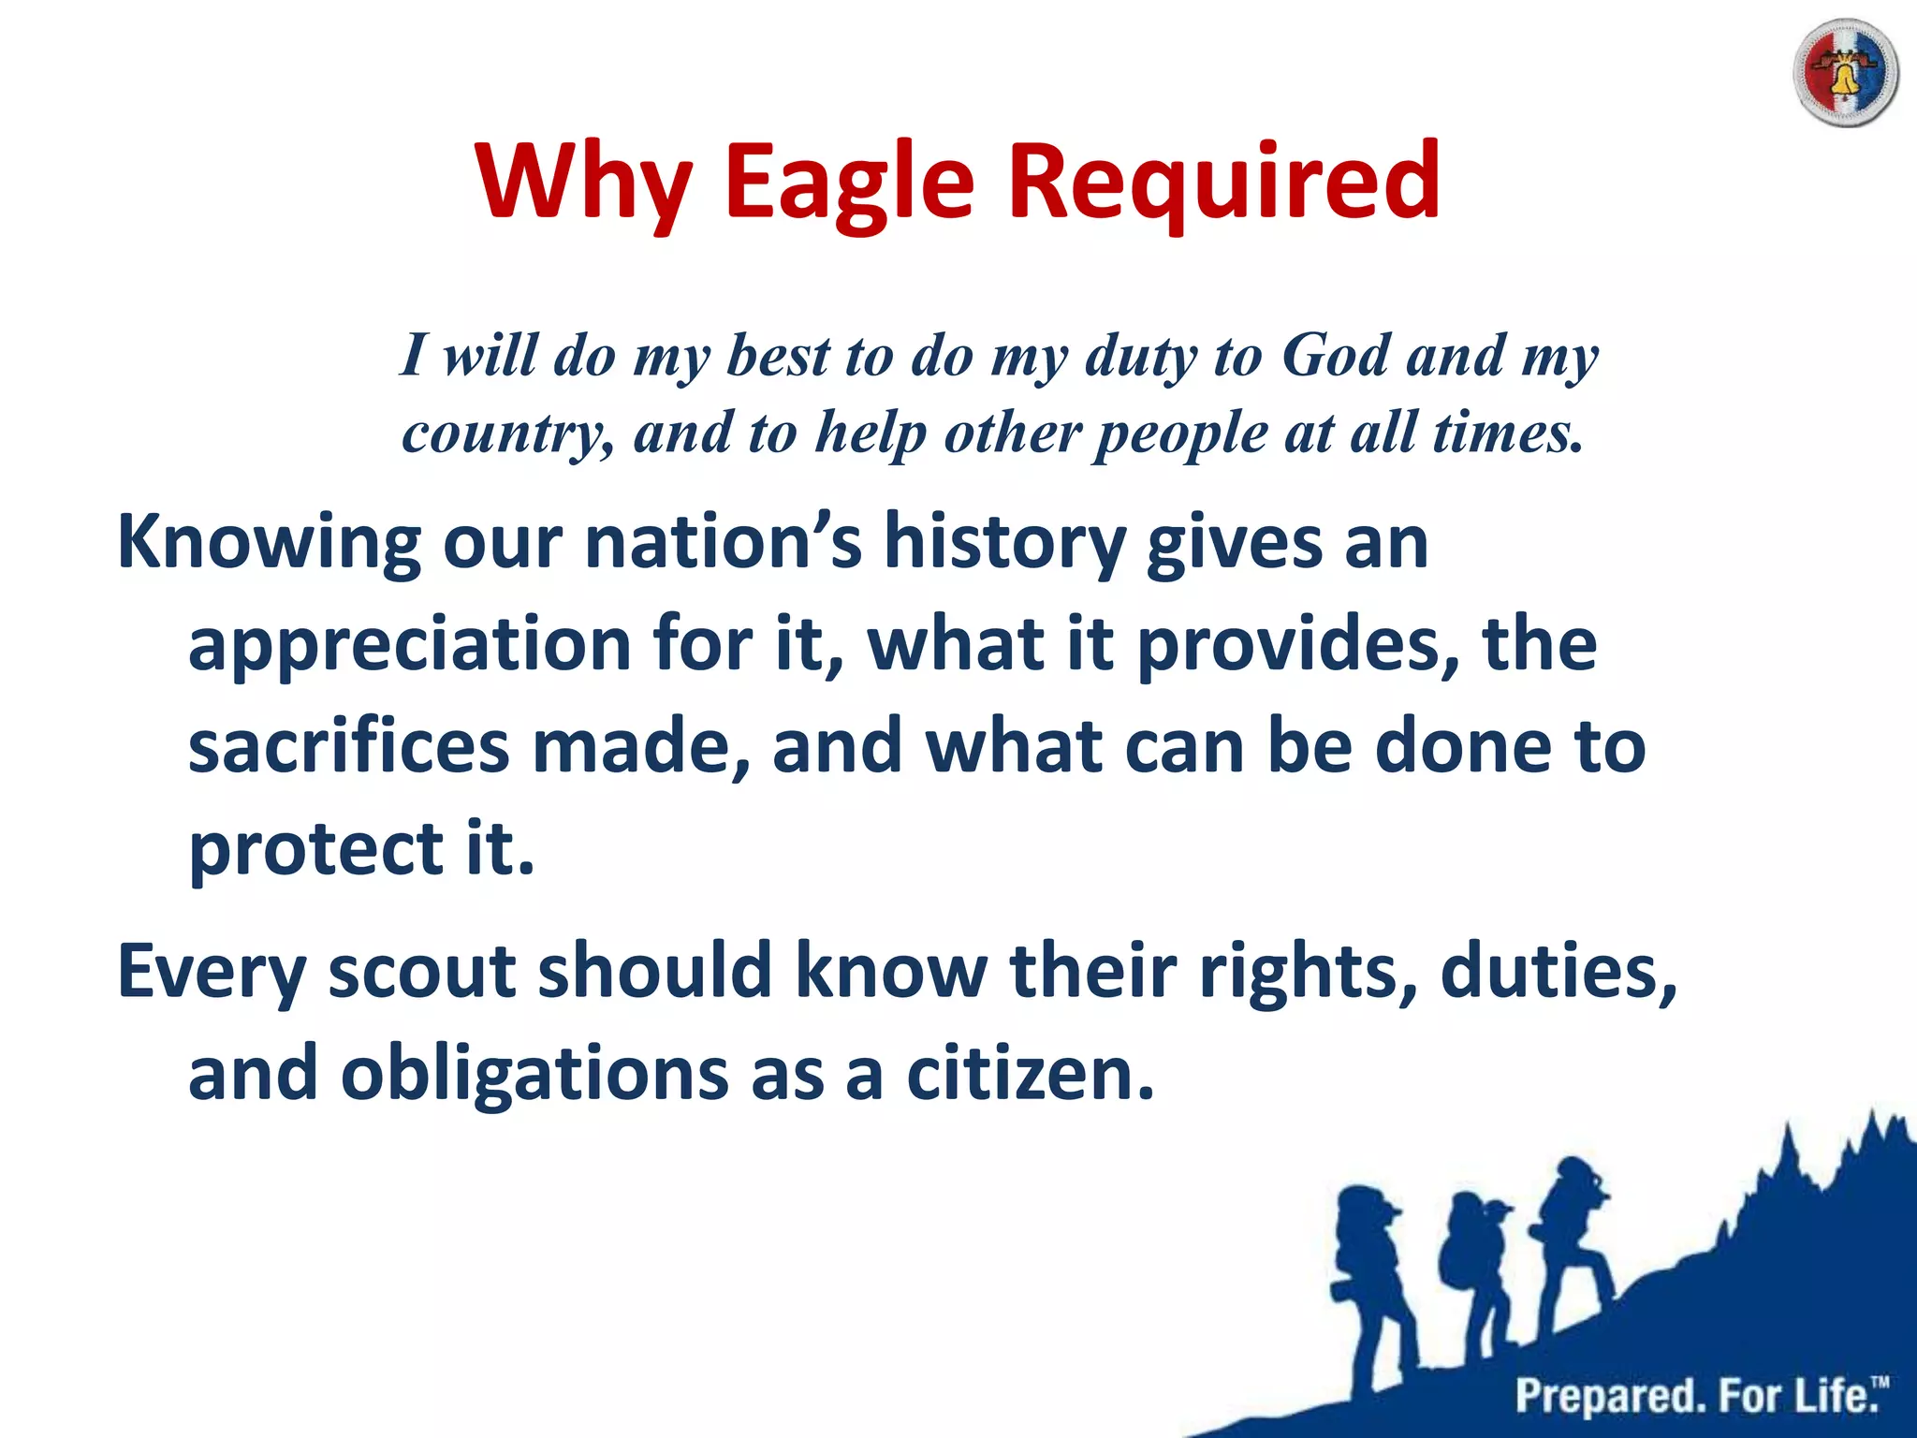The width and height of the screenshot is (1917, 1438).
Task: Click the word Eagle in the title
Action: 849,181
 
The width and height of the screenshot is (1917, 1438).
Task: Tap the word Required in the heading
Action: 1223,181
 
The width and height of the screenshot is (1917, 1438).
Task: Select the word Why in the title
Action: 584,181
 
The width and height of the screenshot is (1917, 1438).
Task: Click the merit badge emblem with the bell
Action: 1845,73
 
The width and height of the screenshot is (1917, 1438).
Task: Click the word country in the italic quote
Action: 505,433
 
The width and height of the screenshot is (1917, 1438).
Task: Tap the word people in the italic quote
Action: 1181,433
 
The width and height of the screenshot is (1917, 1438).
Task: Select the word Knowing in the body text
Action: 268,543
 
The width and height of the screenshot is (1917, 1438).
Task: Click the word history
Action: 1004,543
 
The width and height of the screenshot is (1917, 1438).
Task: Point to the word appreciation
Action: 409,645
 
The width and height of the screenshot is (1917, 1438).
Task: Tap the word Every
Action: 212,972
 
